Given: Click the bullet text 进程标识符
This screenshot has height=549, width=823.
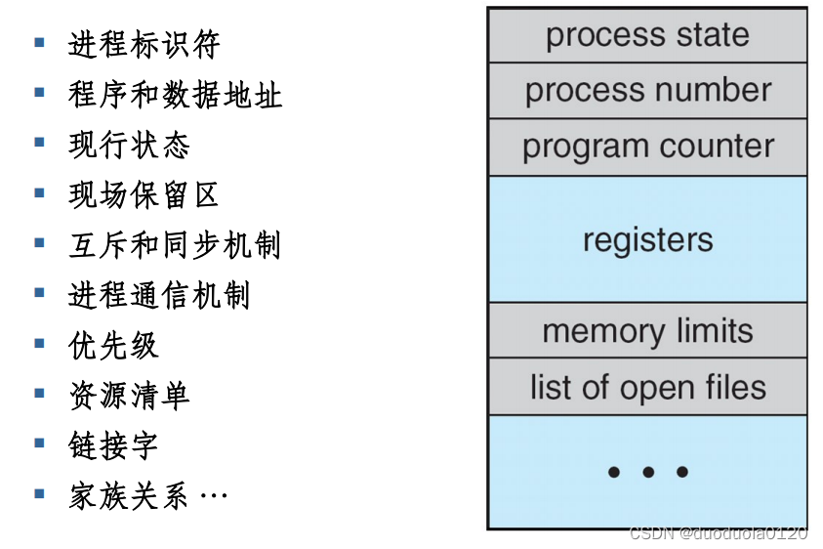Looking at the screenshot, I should [144, 45].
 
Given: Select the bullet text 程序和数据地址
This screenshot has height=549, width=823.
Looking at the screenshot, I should [175, 95].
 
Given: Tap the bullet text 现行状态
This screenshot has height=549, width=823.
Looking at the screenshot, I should [129, 146].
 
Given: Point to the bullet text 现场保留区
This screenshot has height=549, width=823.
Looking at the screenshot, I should [144, 195].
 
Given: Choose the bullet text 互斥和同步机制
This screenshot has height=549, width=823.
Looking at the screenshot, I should [175, 245].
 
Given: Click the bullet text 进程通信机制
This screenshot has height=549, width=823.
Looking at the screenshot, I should [159, 295].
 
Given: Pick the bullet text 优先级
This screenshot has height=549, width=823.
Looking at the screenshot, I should [113, 346].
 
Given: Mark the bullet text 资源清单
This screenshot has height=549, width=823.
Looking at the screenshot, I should [129, 396].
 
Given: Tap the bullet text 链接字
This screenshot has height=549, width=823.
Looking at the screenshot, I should [113, 445].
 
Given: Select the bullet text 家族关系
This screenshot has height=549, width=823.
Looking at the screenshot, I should [129, 496].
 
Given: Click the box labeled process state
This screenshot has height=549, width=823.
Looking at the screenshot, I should [647, 35].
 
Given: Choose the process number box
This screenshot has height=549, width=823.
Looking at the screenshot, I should [647, 91].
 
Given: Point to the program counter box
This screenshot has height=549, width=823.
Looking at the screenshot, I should [647, 148].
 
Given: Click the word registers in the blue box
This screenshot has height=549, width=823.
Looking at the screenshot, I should [647, 240].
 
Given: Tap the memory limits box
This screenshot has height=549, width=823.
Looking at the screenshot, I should [647, 331].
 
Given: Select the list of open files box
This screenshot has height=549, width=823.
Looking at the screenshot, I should [647, 387].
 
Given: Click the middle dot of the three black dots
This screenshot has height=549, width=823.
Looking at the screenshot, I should [647, 473].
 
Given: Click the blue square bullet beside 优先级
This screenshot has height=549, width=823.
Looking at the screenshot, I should [40, 343].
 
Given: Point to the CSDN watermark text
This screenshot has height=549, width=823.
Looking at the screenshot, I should [718, 533].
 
